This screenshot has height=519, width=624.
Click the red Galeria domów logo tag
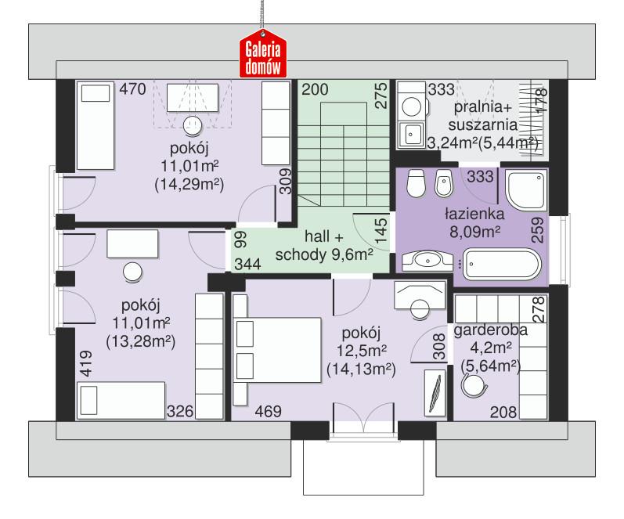click(x=264, y=57)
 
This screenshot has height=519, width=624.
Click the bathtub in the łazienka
click(x=501, y=264)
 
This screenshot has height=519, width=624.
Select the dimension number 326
click(x=179, y=410)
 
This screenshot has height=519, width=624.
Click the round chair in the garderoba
click(x=473, y=384)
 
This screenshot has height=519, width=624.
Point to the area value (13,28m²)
click(x=139, y=341)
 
